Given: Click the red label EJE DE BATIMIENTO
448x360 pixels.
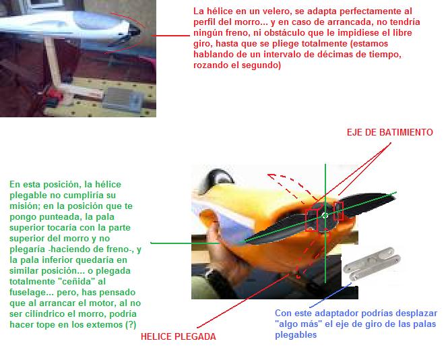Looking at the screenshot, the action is (x=389, y=132).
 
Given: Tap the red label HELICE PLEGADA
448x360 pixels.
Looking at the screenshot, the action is (x=179, y=336).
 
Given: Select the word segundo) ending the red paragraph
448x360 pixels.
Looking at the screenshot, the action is (x=261, y=65).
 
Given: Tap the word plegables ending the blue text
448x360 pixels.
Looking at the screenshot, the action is (x=296, y=335).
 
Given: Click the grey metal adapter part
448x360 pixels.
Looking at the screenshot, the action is (x=371, y=264).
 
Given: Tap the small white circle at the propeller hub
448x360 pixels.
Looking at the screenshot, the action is (x=325, y=215).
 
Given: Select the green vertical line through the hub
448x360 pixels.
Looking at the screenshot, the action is (x=325, y=223).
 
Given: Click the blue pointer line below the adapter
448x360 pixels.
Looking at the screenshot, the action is (x=331, y=295).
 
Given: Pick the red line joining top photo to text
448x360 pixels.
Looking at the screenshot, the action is (x=170, y=36).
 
